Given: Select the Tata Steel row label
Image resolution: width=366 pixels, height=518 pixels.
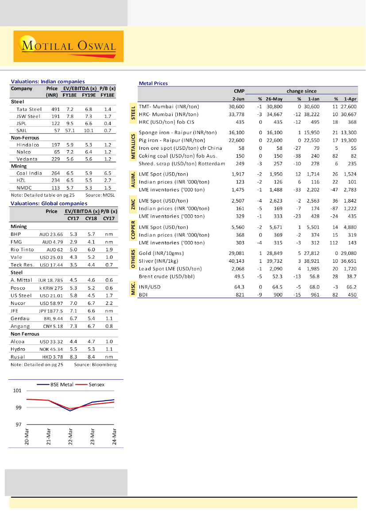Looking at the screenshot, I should tap(29, 109).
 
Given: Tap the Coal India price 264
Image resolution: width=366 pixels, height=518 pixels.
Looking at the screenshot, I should tap(55, 174).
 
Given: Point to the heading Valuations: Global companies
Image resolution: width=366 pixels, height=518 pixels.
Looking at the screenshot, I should tap(49, 203).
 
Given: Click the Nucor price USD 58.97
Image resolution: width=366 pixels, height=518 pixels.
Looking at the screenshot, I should tap(50, 303).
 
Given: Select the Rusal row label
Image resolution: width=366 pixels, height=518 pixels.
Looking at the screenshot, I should tap(17, 357).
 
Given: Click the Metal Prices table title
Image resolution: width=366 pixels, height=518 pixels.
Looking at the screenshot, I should tap(153, 83).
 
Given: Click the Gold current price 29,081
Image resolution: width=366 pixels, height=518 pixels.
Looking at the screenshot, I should tap(235, 253).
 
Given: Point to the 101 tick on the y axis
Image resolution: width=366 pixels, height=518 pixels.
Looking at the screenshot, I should tap(17, 391).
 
